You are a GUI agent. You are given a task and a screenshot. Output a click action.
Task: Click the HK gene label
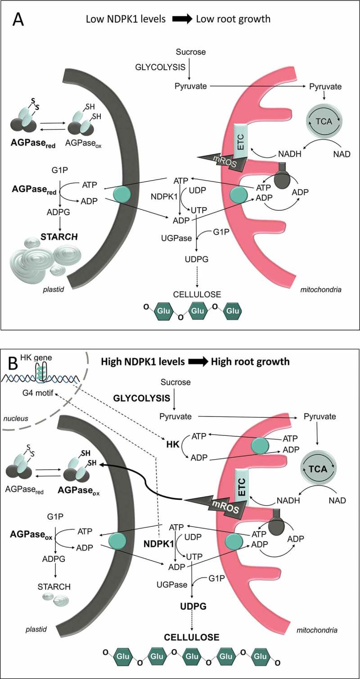pos(26,358)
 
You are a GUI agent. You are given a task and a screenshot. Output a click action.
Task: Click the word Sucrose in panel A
pos(191,52)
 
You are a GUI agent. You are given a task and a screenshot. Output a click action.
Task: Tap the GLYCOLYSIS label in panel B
pos(141,398)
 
